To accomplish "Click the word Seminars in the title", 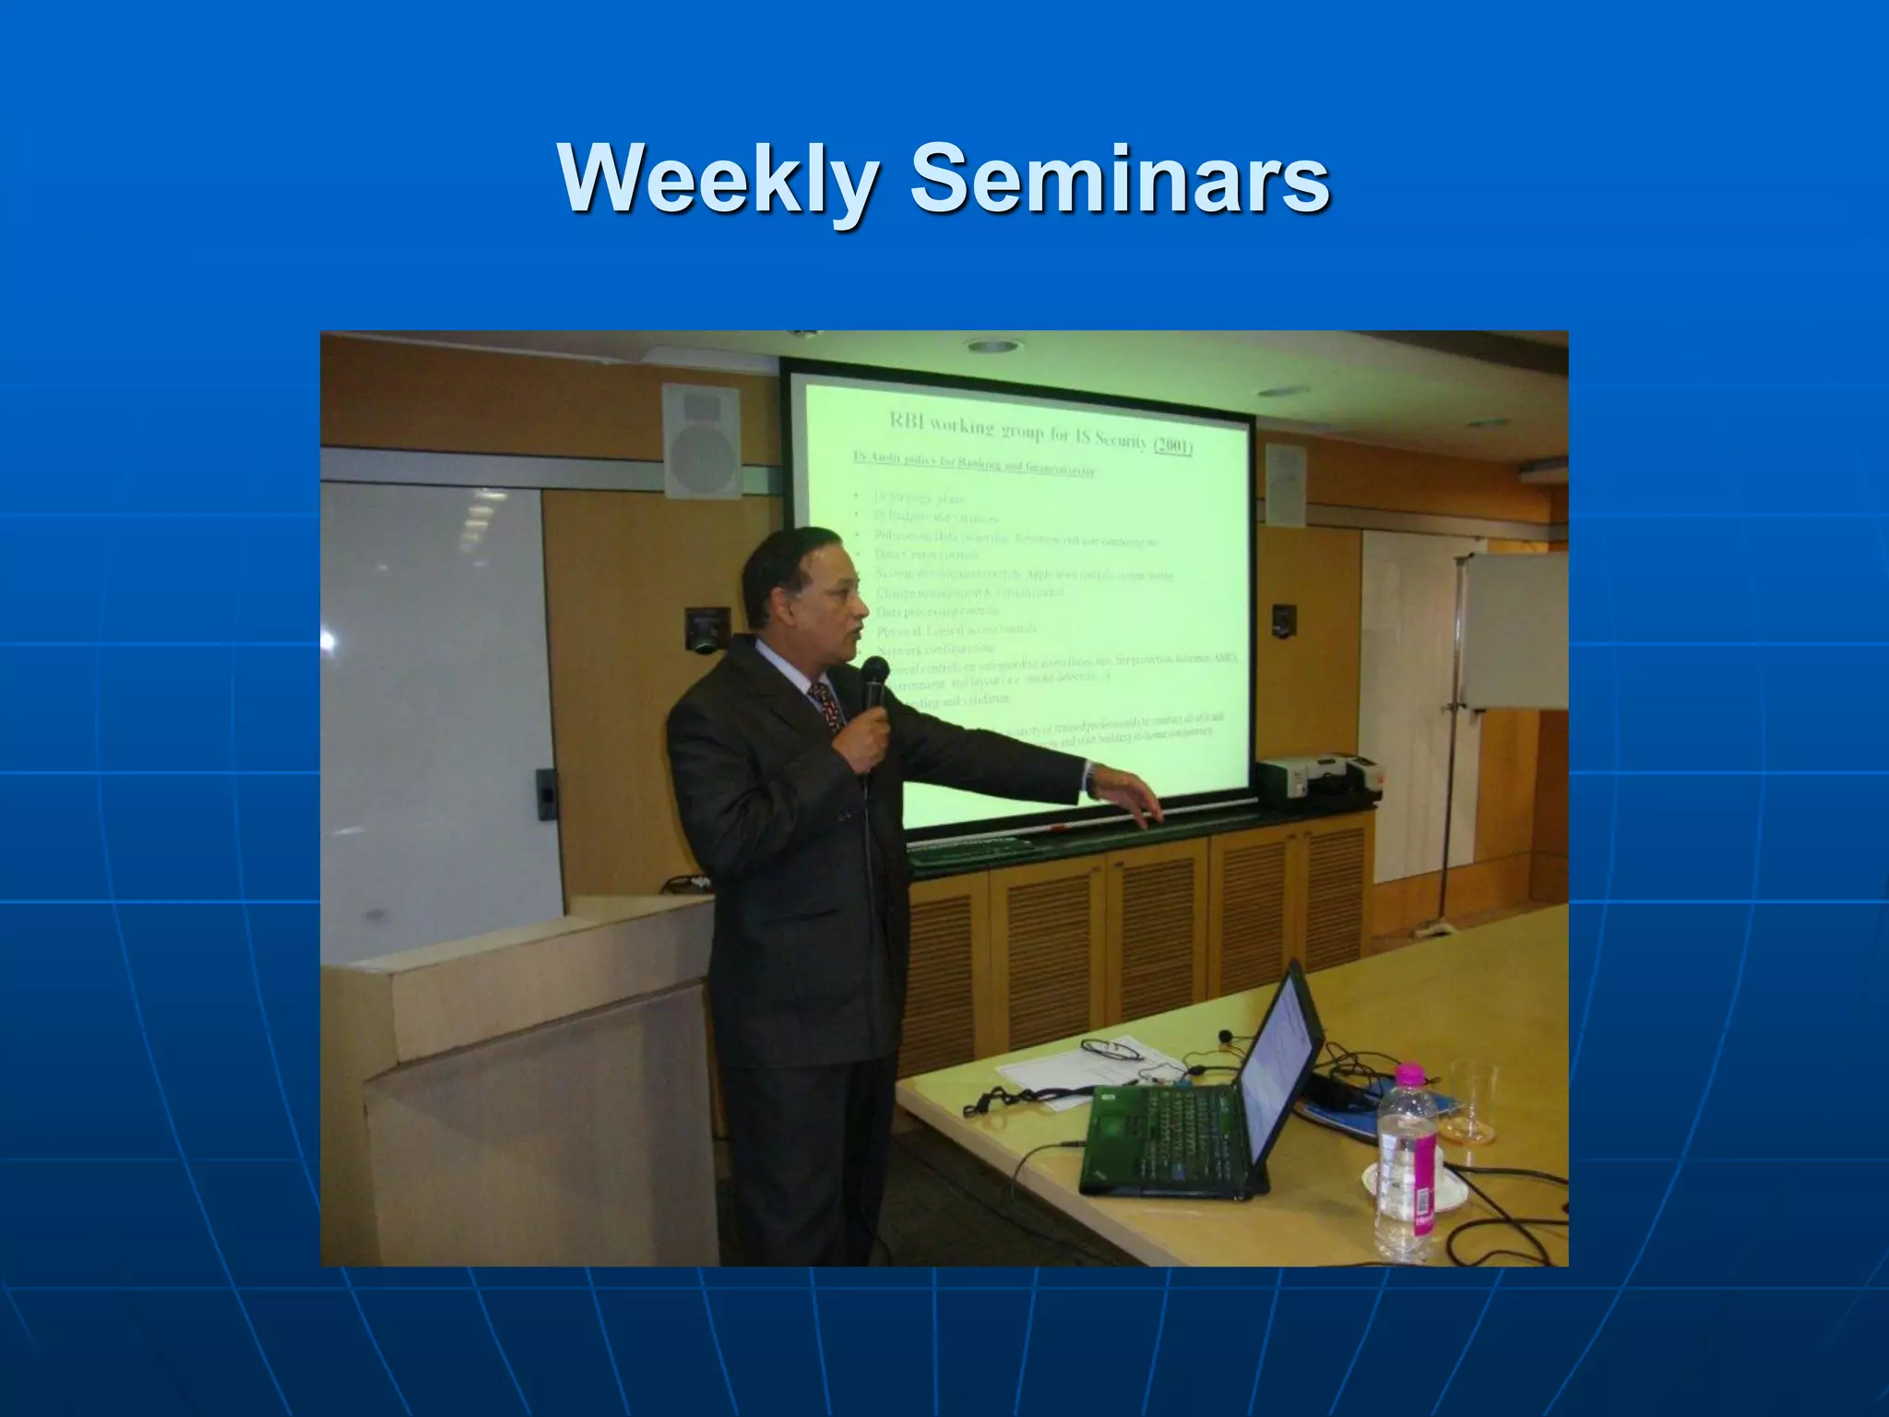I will (x=1120, y=177).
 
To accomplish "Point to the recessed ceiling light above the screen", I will (x=994, y=347).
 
